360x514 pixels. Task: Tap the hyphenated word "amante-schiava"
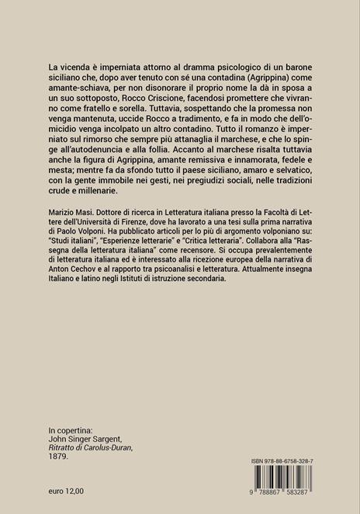82,82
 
